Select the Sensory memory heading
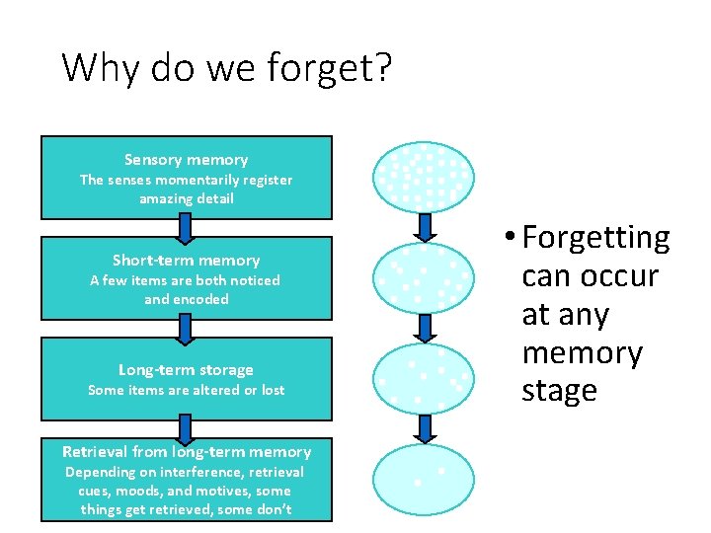point(186,160)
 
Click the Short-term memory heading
point(186,261)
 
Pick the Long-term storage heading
point(186,370)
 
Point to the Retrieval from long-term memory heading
point(186,452)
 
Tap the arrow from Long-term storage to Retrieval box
point(185,428)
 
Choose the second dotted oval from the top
point(424,278)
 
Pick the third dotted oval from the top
point(424,378)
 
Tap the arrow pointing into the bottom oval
point(425,428)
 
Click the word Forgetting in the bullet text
point(595,239)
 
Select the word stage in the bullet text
point(559,391)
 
